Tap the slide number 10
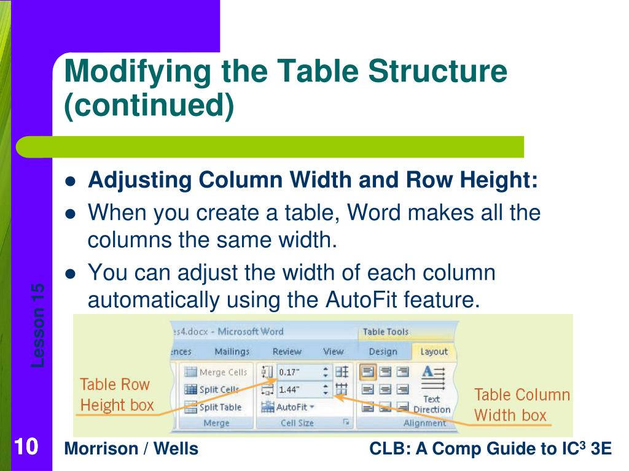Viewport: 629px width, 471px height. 25,446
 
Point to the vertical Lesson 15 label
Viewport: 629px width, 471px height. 37,325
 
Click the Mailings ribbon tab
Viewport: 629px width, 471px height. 232,351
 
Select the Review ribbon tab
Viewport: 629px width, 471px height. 287,351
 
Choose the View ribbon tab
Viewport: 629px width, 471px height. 333,351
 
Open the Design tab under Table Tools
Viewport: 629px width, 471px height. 383,351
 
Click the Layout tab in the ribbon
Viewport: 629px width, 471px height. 434,351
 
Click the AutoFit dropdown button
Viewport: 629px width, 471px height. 287,407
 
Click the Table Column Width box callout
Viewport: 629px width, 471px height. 522,405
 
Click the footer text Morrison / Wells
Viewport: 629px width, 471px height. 131,449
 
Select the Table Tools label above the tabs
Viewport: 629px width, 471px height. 385,332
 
